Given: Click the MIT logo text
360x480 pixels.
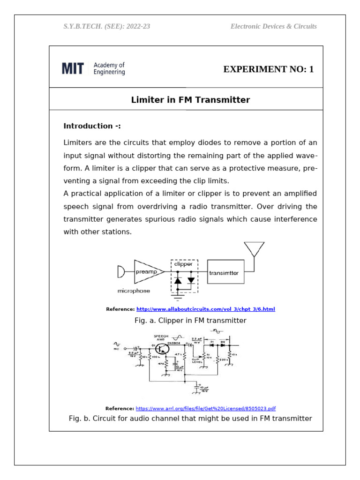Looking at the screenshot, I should point(73,69).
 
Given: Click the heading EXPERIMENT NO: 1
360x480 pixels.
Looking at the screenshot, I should point(268,69).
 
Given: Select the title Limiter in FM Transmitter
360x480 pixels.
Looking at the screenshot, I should point(190,100).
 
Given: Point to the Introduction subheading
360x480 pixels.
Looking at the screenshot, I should point(92,126).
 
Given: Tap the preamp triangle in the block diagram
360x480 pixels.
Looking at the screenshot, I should point(147,272).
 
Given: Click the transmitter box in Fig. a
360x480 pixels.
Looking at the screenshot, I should point(226,273).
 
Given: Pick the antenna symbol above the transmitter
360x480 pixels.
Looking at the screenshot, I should point(254,249).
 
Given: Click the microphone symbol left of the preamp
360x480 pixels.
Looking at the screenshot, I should point(120,272).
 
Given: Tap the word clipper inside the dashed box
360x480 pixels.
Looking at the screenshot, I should point(183,264).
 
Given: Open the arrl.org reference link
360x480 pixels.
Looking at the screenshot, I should point(209,408).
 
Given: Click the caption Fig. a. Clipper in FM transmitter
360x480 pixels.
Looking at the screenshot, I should point(190,321).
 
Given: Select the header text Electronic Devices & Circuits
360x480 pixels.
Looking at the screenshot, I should point(273,26).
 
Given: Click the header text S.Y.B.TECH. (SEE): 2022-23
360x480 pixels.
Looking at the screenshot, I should point(107,26).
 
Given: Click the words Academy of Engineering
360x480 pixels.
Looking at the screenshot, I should point(109,69).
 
